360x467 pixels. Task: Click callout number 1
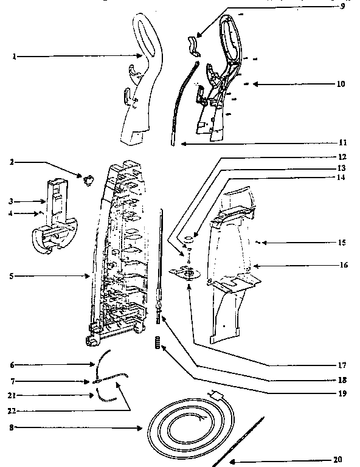(x=13, y=57)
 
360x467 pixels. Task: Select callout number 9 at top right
(x=342, y=7)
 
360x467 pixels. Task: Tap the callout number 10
(x=341, y=84)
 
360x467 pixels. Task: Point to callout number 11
(x=342, y=143)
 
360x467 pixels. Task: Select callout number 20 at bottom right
(x=339, y=459)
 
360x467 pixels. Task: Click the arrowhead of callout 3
(x=44, y=201)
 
